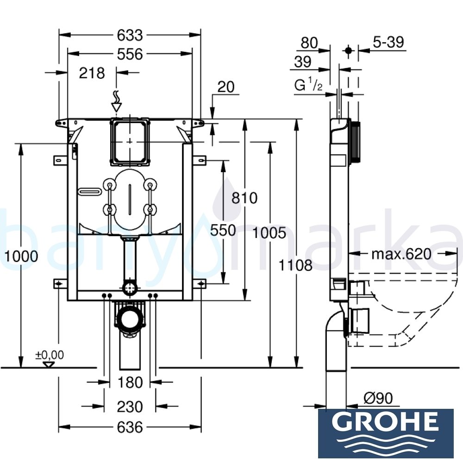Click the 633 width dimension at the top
(x=130, y=35)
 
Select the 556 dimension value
(x=129, y=54)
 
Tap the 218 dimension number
(x=92, y=73)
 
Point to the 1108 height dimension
(x=296, y=265)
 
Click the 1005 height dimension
(x=269, y=233)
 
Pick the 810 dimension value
(x=244, y=198)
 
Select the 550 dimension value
(x=223, y=230)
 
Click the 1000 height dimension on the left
(x=21, y=256)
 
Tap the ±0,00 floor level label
(x=50, y=355)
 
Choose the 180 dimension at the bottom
(x=130, y=382)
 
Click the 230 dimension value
(x=130, y=407)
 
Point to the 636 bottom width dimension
(x=130, y=427)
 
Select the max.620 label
(x=401, y=254)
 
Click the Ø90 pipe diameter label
(x=378, y=398)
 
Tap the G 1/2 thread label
(x=308, y=86)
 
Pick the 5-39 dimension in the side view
(x=388, y=42)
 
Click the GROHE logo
(x=385, y=433)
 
